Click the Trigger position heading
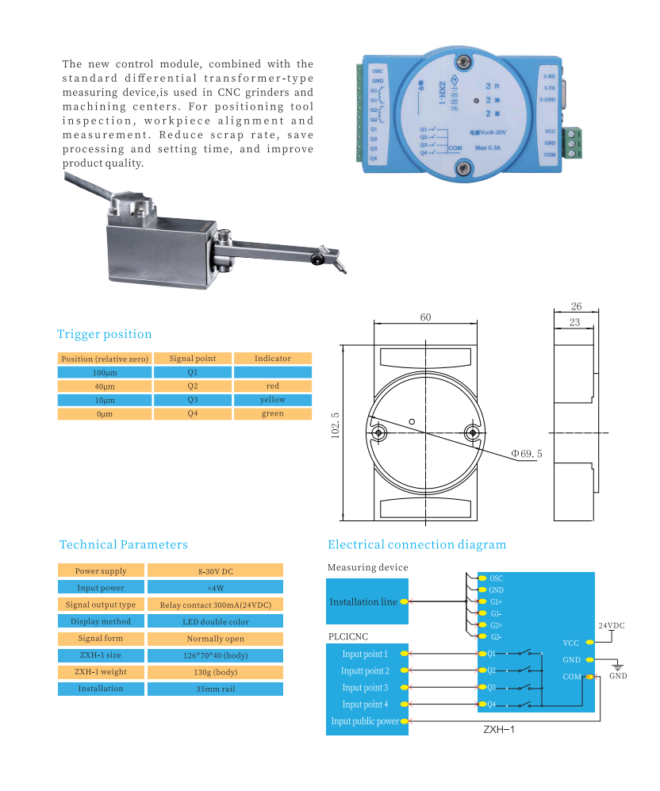[104, 334]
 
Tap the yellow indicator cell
[272, 400]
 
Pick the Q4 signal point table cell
[193, 413]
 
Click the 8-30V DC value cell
[215, 571]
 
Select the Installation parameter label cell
[101, 689]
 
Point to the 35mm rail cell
[215, 689]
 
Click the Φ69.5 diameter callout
[526, 453]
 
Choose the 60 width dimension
[425, 317]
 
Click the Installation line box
[364, 602]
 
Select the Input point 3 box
[366, 688]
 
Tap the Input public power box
[366, 721]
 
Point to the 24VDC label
[611, 625]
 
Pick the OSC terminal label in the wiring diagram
[496, 578]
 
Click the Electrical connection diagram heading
[416, 544]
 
